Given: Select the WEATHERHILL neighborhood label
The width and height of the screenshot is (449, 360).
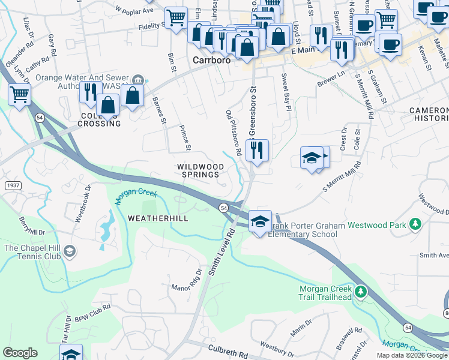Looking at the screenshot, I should point(158,218).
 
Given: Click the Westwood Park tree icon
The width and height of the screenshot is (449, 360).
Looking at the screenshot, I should point(414,224).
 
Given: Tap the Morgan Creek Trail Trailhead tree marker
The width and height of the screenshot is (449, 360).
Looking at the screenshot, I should point(360,292).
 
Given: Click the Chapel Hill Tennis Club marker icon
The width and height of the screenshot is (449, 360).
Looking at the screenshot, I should point(70,250).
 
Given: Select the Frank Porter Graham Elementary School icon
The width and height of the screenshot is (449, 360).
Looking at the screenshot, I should point(260,221).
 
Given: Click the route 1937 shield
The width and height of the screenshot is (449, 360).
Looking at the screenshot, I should point(13,186).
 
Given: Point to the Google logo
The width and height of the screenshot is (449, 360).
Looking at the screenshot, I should point(20,352).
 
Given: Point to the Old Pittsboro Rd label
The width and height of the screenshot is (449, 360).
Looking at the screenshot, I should point(234,132).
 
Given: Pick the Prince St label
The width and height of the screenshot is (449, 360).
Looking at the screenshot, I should point(185,138).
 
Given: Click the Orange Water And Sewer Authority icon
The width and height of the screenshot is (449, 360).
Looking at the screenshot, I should point(139,79).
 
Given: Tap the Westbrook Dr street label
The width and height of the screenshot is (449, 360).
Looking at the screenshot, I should point(82,203).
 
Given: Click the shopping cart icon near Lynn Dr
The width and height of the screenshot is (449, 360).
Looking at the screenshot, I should point(19,94).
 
